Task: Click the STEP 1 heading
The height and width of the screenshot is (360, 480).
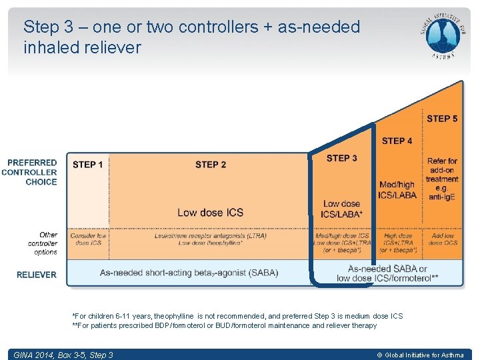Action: click(x=88, y=165)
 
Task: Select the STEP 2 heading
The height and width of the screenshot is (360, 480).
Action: click(x=211, y=165)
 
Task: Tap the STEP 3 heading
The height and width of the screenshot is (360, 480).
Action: click(x=341, y=158)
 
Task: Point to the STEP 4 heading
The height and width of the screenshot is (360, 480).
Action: click(x=397, y=141)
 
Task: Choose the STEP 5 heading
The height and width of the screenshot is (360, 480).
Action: click(x=442, y=119)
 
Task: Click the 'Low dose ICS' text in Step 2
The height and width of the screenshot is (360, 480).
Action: click(x=210, y=213)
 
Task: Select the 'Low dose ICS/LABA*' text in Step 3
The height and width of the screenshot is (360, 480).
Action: click(x=341, y=209)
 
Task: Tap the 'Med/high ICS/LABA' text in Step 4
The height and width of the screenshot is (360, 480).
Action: click(x=397, y=190)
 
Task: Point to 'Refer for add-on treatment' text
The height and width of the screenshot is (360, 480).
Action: click(x=442, y=170)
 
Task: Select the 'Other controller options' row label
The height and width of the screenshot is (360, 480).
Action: click(x=43, y=243)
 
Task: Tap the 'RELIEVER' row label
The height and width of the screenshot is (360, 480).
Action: click(x=37, y=275)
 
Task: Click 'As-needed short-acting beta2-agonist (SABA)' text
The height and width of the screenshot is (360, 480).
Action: click(x=189, y=273)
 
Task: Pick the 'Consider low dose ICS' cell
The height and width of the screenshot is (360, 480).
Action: click(x=88, y=239)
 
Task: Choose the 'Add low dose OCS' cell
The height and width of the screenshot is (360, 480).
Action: click(x=443, y=239)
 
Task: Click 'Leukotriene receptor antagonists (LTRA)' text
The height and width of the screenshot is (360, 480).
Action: click(x=211, y=236)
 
